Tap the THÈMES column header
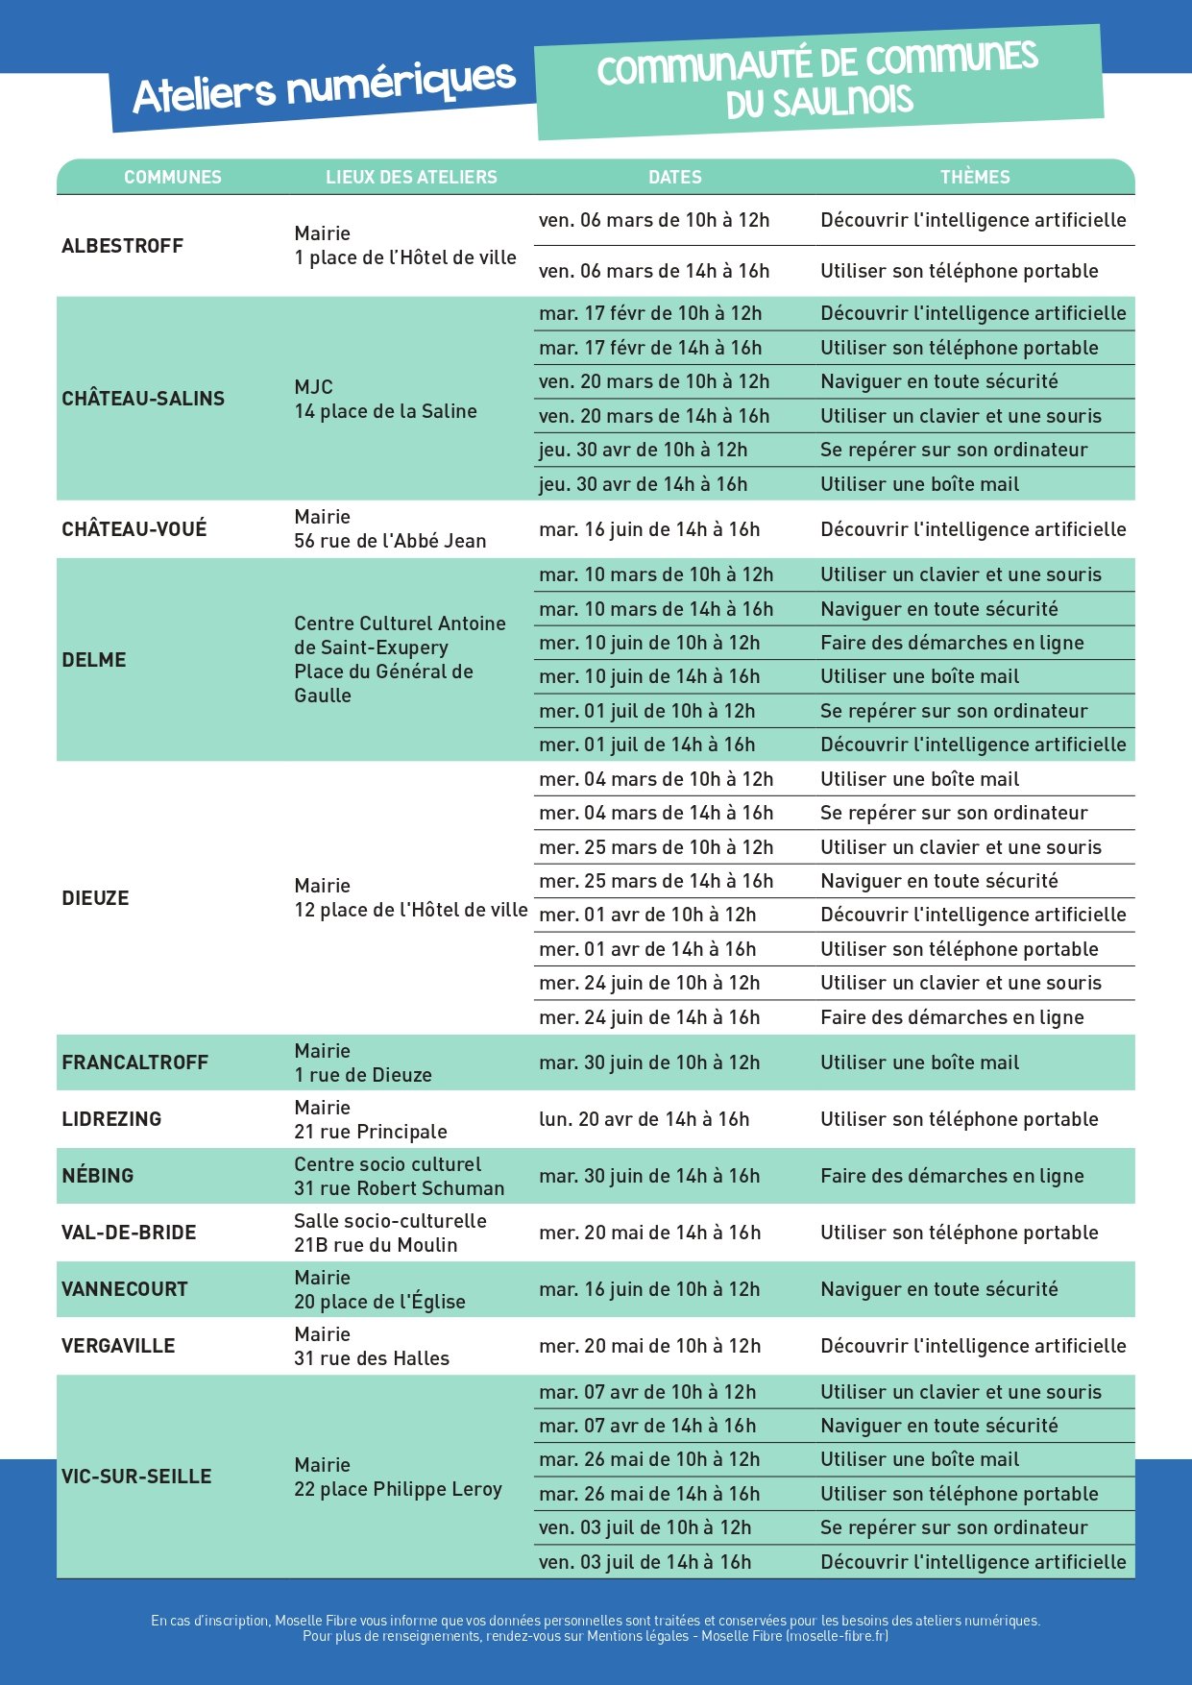click(975, 177)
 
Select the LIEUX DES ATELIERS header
click(411, 177)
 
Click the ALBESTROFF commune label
click(122, 246)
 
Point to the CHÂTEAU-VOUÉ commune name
click(134, 529)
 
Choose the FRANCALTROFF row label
click(134, 1062)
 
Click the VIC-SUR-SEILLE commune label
click(136, 1477)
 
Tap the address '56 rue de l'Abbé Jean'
click(390, 541)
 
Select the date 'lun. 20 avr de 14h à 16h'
click(644, 1119)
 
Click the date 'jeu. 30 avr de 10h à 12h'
click(643, 450)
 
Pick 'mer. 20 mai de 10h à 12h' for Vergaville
click(649, 1346)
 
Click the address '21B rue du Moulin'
click(376, 1245)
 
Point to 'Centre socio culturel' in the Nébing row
click(387, 1164)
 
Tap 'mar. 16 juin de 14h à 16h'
click(649, 529)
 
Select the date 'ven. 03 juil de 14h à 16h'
click(645, 1562)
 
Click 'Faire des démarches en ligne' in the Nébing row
click(952, 1176)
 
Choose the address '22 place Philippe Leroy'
click(398, 1489)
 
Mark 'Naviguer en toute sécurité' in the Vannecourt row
click(938, 1289)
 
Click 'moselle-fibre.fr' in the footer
click(836, 1636)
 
